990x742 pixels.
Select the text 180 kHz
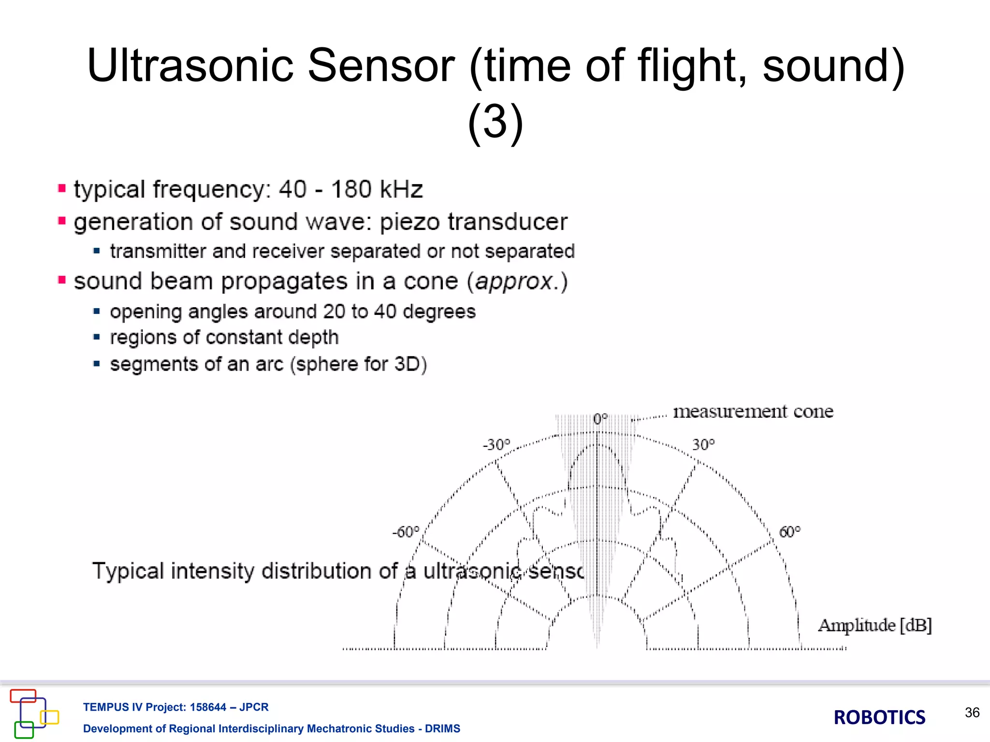pyautogui.click(x=377, y=189)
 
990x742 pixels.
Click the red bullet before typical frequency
pyautogui.click(x=62, y=188)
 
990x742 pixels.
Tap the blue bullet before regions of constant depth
pyautogui.click(x=97, y=337)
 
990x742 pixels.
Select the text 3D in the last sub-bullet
pyautogui.click(x=407, y=364)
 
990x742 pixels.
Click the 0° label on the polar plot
pyautogui.click(x=600, y=419)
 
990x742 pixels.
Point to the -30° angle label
pyautogui.click(x=496, y=444)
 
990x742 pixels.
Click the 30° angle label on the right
pyautogui.click(x=703, y=444)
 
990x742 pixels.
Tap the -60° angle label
pyautogui.click(x=406, y=532)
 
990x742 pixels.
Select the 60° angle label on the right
pyautogui.click(x=790, y=532)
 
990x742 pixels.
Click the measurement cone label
pyautogui.click(x=753, y=412)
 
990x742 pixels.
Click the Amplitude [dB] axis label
pyautogui.click(x=874, y=626)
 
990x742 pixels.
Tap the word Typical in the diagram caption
pyautogui.click(x=128, y=571)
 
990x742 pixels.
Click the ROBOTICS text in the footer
pyautogui.click(x=879, y=717)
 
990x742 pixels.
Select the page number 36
pyautogui.click(x=972, y=713)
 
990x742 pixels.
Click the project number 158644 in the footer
pyautogui.click(x=208, y=707)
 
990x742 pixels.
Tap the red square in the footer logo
pyautogui.click(x=23, y=696)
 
